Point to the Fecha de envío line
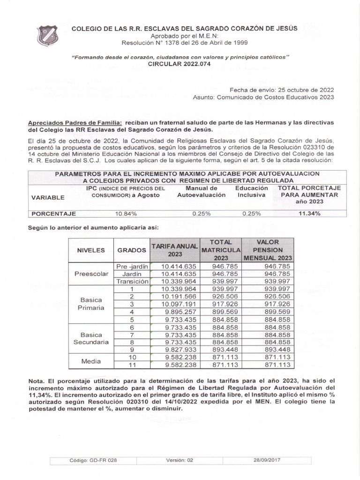(282, 90)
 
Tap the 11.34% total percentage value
(309, 214)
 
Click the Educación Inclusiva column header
(251, 191)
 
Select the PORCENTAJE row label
(53, 214)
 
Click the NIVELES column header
(91, 250)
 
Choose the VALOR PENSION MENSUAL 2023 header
(268, 250)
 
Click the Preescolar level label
(91, 274)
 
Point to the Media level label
(91, 361)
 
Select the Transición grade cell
(132, 281)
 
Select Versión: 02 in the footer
(180, 460)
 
